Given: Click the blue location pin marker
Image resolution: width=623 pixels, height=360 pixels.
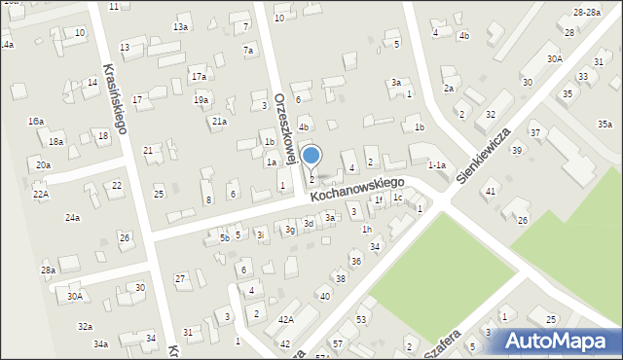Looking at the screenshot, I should click(x=311, y=157).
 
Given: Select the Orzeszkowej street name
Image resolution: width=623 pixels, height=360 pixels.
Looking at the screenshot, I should click(x=283, y=127).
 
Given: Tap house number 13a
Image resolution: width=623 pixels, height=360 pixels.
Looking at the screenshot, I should click(x=181, y=27).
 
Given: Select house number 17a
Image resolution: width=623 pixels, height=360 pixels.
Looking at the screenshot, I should click(x=199, y=76).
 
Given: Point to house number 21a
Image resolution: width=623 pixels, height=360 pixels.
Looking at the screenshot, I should click(x=220, y=121).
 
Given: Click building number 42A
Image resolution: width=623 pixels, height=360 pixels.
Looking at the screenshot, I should click(x=285, y=319).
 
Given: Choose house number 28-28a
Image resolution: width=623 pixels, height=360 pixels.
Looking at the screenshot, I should click(x=586, y=12).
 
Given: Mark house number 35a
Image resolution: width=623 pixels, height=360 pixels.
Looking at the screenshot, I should click(x=605, y=124).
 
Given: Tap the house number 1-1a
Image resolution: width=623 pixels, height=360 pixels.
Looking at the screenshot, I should click(x=437, y=166).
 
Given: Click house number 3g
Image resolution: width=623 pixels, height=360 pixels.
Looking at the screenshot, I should click(x=290, y=230).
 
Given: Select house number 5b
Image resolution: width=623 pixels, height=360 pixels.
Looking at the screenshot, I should click(x=224, y=236).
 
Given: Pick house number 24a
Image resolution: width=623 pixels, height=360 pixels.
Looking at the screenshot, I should click(x=72, y=218).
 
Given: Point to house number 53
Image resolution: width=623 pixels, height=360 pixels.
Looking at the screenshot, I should click(x=361, y=319).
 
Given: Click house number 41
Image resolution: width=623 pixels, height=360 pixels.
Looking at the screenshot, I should click(x=491, y=191).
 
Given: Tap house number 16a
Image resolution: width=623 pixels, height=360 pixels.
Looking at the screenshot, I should click(x=35, y=122).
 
